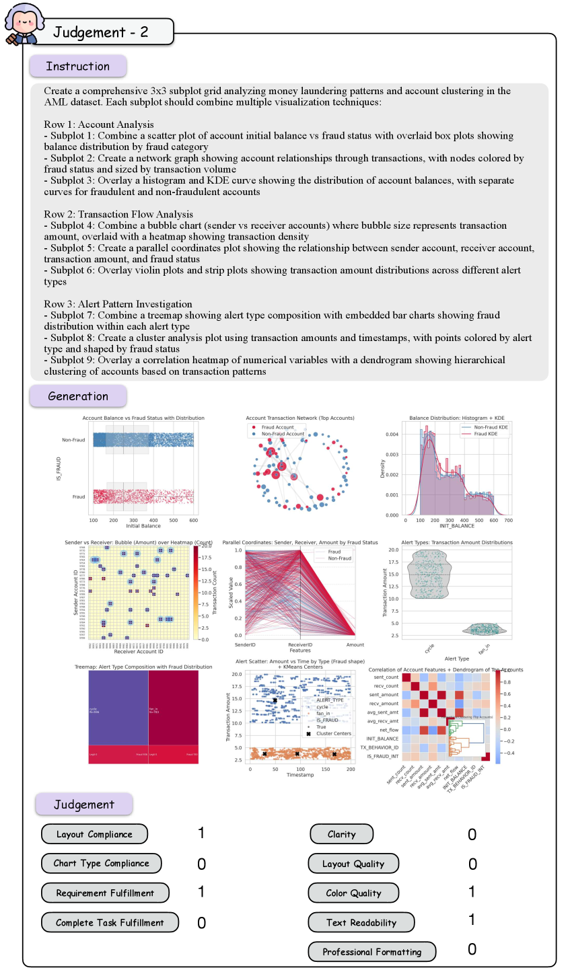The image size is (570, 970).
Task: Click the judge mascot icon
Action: (x=22, y=23)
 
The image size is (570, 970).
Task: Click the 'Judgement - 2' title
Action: (x=101, y=32)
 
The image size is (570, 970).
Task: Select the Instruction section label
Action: (x=77, y=66)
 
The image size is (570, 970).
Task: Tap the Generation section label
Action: (x=77, y=396)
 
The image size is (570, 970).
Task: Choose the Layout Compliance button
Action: (x=94, y=834)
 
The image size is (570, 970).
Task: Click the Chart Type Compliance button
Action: (x=102, y=863)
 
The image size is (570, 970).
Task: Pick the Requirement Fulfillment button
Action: (x=105, y=893)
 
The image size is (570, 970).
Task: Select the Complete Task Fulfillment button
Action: (x=110, y=922)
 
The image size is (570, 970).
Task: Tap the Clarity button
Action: (x=341, y=834)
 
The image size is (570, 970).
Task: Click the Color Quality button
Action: (x=353, y=893)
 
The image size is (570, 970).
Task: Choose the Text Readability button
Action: (x=361, y=922)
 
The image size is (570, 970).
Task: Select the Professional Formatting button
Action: (x=371, y=952)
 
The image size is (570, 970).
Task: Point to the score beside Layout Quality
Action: (x=472, y=864)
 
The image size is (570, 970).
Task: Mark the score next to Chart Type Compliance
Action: (x=201, y=864)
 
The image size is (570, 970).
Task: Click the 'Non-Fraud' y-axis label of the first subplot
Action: (x=73, y=440)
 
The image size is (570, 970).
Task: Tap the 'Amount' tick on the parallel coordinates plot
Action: (x=355, y=645)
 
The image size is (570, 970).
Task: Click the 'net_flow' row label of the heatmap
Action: (x=389, y=730)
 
